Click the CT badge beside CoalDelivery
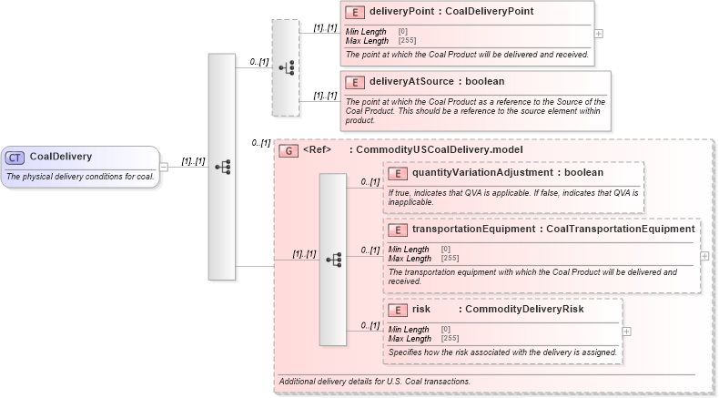click(x=15, y=157)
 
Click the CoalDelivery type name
click(x=60, y=157)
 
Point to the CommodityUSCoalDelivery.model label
click(x=439, y=149)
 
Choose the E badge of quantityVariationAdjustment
click(x=398, y=172)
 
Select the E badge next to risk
click(x=398, y=310)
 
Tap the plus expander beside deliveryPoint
click(x=598, y=34)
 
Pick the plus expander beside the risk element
click(x=626, y=331)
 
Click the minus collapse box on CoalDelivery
click(x=164, y=167)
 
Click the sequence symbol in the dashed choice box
click(x=285, y=68)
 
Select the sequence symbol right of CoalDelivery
click(x=222, y=167)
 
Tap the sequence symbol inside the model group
click(x=332, y=260)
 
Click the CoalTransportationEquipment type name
click(x=620, y=229)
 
